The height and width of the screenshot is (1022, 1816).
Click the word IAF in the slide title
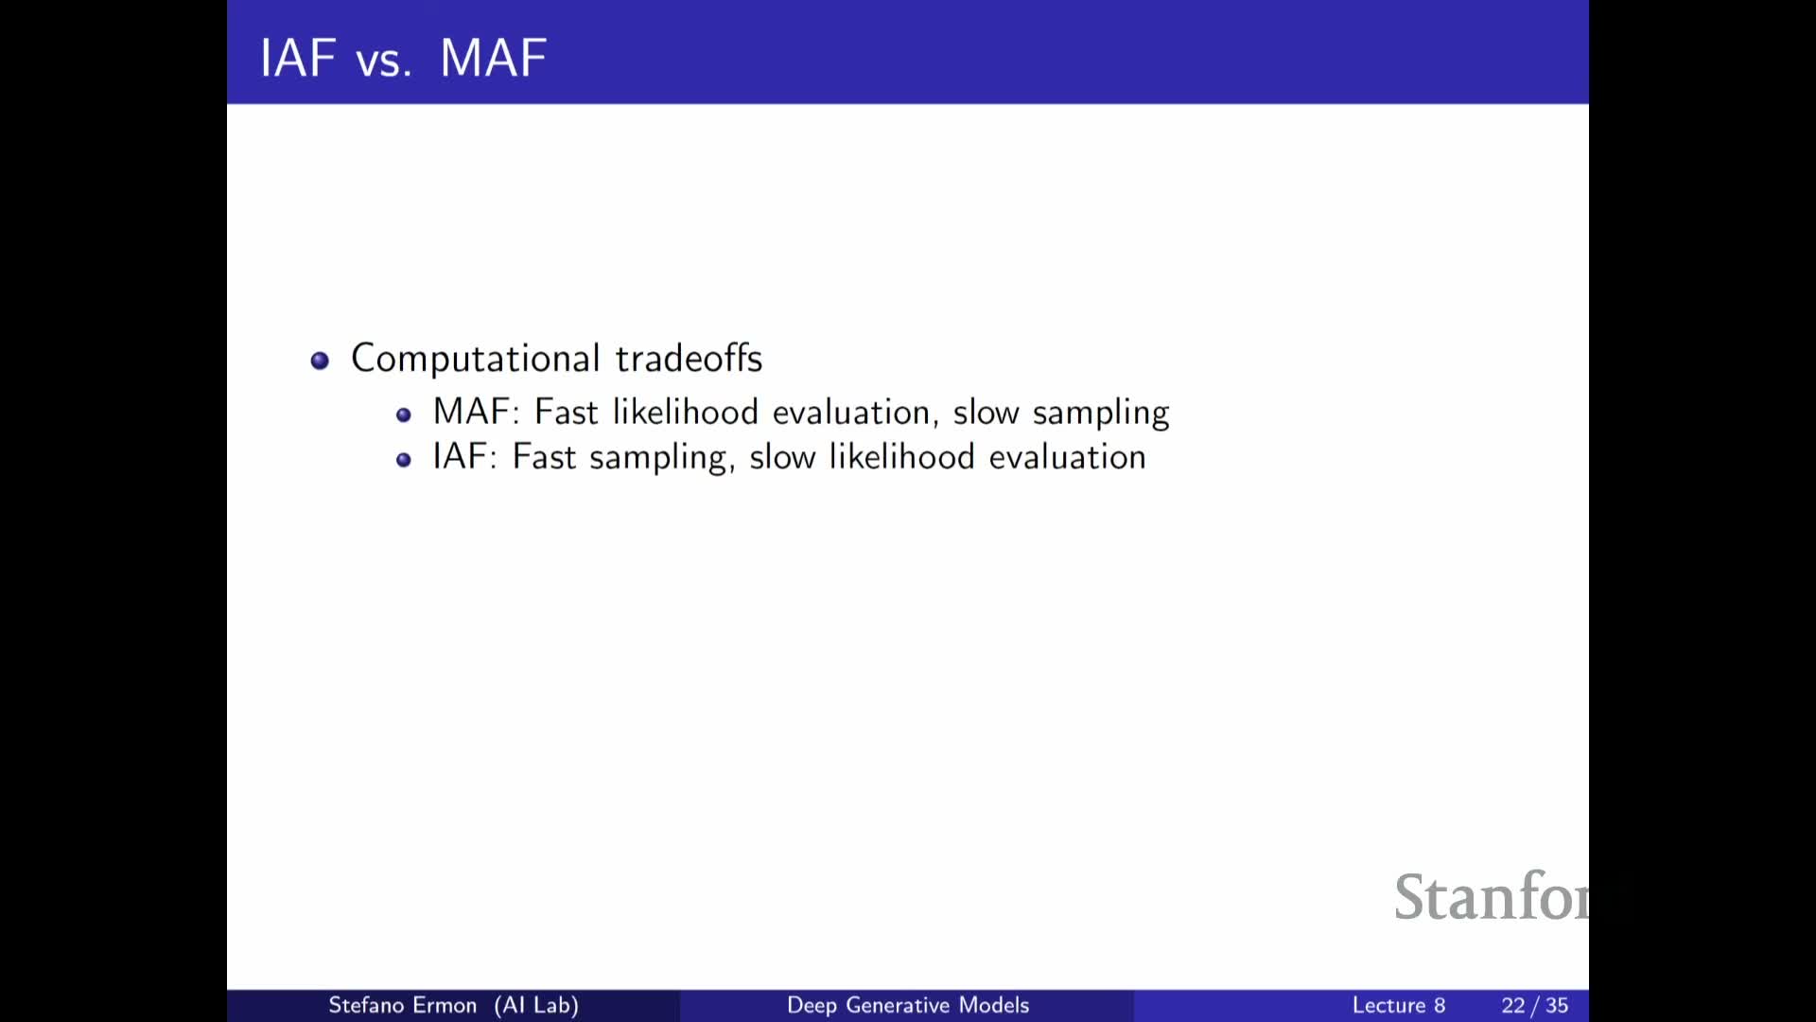pyautogui.click(x=298, y=58)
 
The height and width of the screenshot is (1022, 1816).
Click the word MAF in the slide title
pyautogui.click(x=494, y=58)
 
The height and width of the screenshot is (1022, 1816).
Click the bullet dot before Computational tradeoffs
pyautogui.click(x=320, y=361)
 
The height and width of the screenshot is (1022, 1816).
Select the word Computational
pyautogui.click(x=476, y=360)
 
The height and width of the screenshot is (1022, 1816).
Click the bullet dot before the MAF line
pyautogui.click(x=404, y=414)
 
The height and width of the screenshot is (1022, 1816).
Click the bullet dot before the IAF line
pyautogui.click(x=404, y=460)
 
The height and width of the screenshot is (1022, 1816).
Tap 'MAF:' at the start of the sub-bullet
pyautogui.click(x=477, y=412)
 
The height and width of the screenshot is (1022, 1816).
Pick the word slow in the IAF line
pyautogui.click(x=782, y=457)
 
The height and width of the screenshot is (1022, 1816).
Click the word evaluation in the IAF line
pyautogui.click(x=1068, y=457)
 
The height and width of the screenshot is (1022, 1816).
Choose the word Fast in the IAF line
pyautogui.click(x=544, y=457)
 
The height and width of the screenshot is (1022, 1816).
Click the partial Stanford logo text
pyautogui.click(x=1492, y=896)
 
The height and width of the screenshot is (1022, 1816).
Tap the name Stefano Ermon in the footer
pyautogui.click(x=403, y=1005)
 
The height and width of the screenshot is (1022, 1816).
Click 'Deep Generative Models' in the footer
pyautogui.click(x=908, y=1005)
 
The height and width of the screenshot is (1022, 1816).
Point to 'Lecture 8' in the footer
pyautogui.click(x=1399, y=1005)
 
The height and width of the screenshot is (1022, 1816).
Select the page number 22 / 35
pyautogui.click(x=1535, y=1005)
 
